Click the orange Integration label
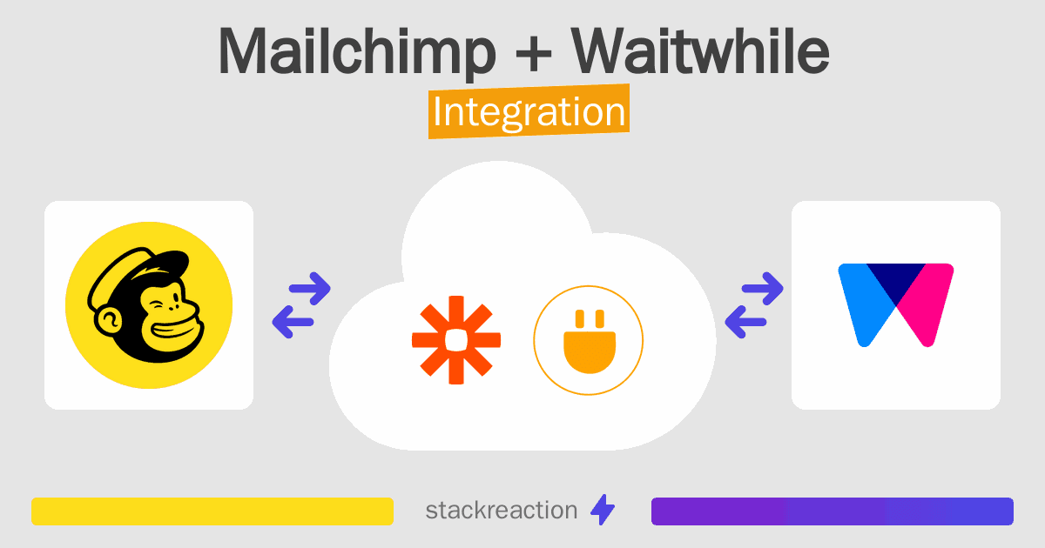(529, 113)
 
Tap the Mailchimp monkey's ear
(108, 322)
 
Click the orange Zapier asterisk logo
(455, 339)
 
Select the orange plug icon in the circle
(588, 339)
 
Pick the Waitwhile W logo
(895, 304)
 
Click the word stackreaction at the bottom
(501, 510)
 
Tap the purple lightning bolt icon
(602, 510)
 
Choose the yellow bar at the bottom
(212, 511)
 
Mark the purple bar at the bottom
(832, 511)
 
